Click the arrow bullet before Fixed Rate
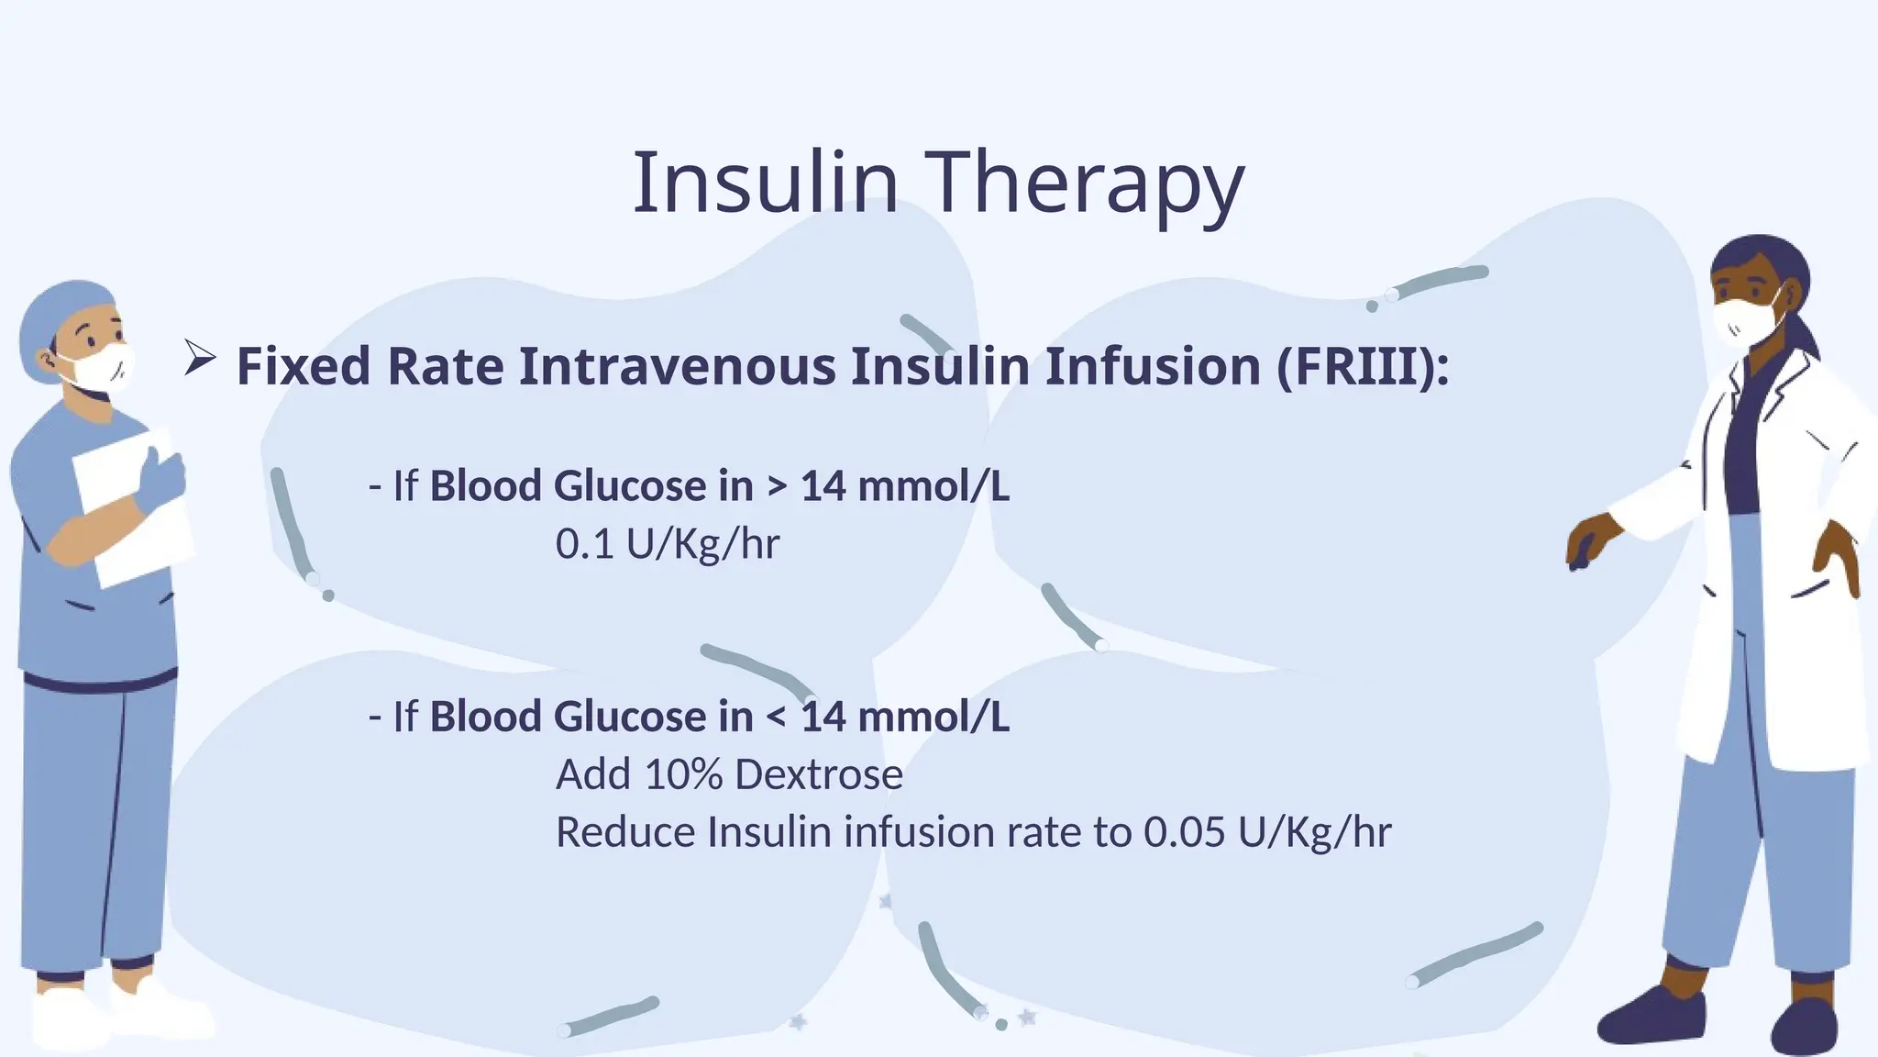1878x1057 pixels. coord(199,357)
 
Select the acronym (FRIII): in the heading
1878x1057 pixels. coord(1363,366)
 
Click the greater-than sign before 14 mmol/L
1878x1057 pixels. coord(777,486)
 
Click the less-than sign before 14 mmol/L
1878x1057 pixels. coord(777,717)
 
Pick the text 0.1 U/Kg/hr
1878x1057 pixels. coord(667,544)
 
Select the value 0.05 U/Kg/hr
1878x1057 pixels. coord(1266,832)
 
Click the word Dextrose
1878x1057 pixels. coord(819,775)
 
